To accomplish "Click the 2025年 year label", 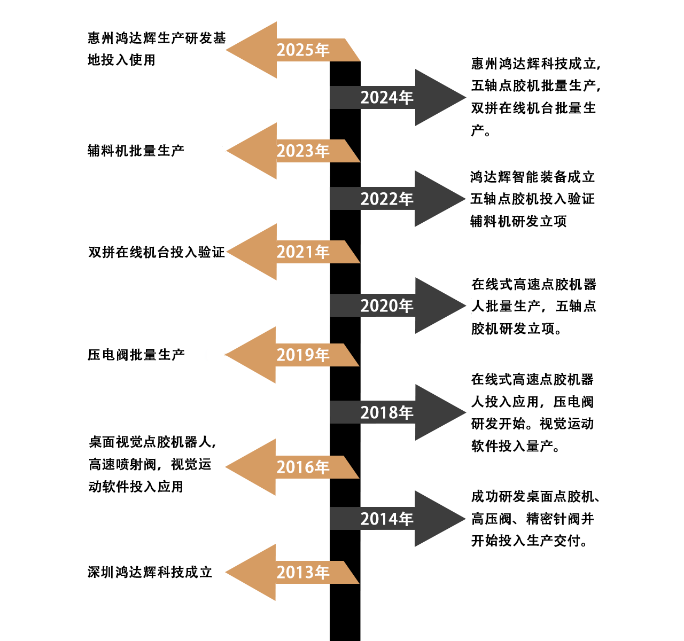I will tap(302, 50).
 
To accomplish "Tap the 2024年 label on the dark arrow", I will tap(387, 98).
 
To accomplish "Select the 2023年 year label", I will tap(302, 151).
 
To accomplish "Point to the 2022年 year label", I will tap(387, 199).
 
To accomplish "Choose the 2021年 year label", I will tap(302, 252).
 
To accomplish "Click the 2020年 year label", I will tap(387, 306).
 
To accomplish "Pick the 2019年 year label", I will tap(302, 355).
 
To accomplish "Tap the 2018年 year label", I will tap(387, 413).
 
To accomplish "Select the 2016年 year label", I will tap(302, 467).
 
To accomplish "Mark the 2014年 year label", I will tap(387, 519).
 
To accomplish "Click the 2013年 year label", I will tap(302, 573).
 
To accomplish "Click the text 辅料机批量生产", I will tap(136, 151).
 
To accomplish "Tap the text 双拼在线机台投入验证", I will tap(157, 252).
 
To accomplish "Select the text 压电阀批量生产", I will tap(136, 355).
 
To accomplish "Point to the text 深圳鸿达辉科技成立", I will tap(150, 573).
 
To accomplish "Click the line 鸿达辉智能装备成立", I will tap(532, 177).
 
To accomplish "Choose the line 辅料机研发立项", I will tap(518, 221).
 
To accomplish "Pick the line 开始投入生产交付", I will tap(529, 541).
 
